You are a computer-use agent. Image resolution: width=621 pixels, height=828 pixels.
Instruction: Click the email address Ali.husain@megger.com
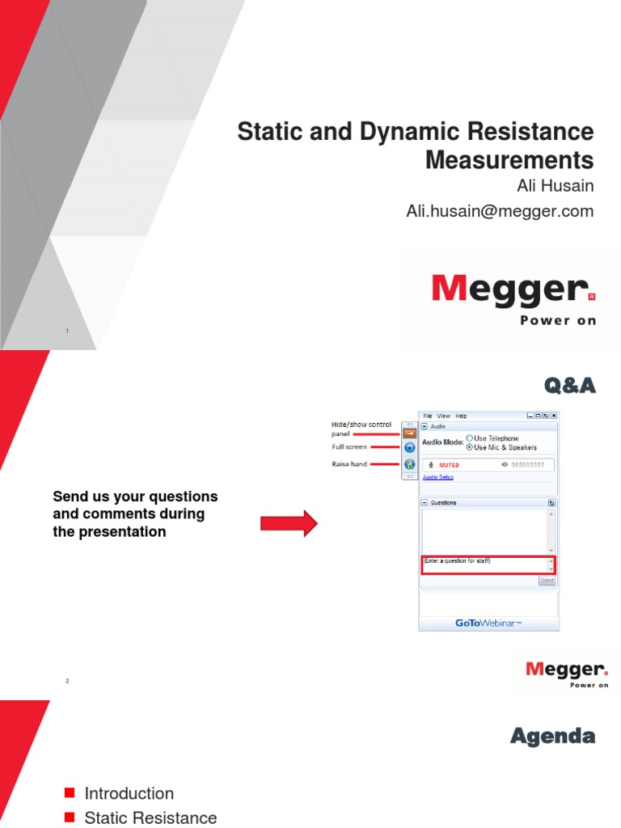tap(499, 211)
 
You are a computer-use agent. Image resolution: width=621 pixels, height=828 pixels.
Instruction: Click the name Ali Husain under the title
tap(555, 186)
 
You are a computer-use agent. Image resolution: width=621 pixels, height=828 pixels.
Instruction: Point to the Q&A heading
tap(569, 387)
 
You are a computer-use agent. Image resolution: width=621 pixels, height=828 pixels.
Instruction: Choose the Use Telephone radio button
tap(470, 438)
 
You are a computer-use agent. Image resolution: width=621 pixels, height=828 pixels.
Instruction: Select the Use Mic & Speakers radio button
tap(470, 447)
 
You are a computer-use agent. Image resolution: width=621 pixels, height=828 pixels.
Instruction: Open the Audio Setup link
tap(438, 477)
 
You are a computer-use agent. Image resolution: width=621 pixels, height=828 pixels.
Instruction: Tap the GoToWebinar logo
tap(488, 623)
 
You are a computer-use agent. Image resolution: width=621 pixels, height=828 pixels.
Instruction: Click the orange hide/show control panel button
tap(409, 433)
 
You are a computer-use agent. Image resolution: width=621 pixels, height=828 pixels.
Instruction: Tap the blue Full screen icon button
tap(409, 447)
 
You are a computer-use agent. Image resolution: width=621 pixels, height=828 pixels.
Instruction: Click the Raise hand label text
tap(350, 464)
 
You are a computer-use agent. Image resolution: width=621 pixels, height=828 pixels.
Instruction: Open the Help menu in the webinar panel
tap(461, 416)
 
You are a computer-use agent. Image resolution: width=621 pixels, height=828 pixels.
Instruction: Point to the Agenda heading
tap(552, 736)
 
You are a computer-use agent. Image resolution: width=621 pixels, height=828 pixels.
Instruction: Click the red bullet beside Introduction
tap(69, 792)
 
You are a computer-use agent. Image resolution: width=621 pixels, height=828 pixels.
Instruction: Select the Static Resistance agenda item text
tap(150, 817)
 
